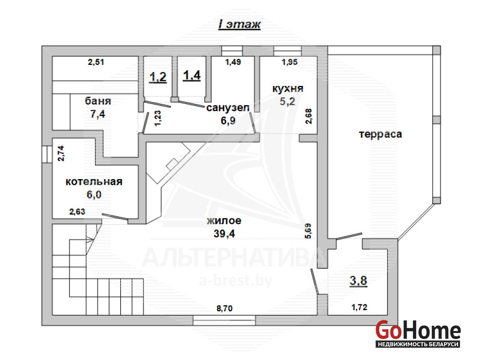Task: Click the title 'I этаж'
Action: (x=239, y=24)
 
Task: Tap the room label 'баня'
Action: (x=98, y=101)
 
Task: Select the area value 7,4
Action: (x=98, y=114)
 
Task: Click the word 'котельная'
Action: (x=94, y=182)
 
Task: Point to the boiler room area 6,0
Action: (x=94, y=194)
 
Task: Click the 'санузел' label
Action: (x=228, y=108)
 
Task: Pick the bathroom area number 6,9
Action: (x=228, y=121)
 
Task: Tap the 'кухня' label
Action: (x=288, y=89)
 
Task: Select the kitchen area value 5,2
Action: (x=287, y=101)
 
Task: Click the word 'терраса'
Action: (x=381, y=134)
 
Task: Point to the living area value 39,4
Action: (x=224, y=234)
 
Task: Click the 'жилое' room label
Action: (x=224, y=220)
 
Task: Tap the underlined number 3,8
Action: (x=358, y=281)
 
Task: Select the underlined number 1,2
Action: (x=158, y=77)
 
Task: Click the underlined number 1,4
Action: (x=192, y=75)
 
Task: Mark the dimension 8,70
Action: (x=225, y=309)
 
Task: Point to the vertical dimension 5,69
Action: (x=309, y=231)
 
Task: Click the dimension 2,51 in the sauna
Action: (x=96, y=62)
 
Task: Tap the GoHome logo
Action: (x=418, y=333)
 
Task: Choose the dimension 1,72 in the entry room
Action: (x=359, y=307)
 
